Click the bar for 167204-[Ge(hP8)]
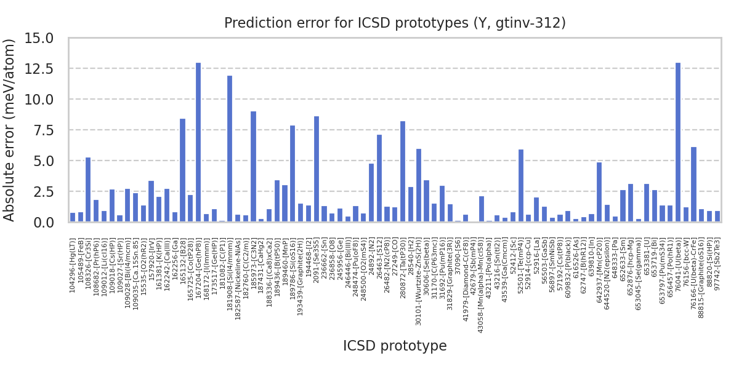click(x=198, y=142)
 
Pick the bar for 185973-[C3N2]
click(x=253, y=167)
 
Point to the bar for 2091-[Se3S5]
click(x=317, y=169)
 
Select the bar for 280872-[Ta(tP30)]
click(x=403, y=172)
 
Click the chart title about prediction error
click(x=395, y=23)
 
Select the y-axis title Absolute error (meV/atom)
click(x=10, y=130)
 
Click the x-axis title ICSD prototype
click(x=395, y=346)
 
